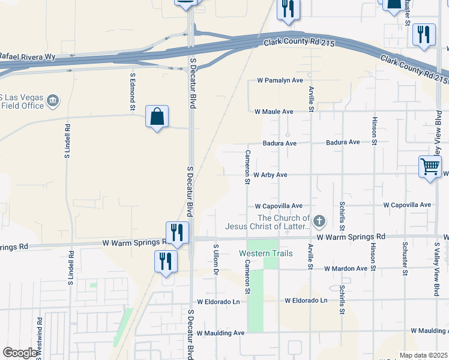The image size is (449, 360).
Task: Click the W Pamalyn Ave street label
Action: pyautogui.click(x=280, y=80)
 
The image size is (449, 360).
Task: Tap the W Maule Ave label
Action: pyautogui.click(x=274, y=112)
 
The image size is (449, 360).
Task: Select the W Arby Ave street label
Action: pyautogui.click(x=270, y=175)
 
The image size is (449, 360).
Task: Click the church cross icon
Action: pyautogui.click(x=319, y=222)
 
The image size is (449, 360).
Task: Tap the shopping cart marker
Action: pyautogui.click(x=430, y=167)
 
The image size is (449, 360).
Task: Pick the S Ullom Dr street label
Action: pyautogui.click(x=215, y=260)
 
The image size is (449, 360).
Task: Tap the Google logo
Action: pyautogui.click(x=20, y=353)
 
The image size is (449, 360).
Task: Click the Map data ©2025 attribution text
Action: pyautogui.click(x=423, y=355)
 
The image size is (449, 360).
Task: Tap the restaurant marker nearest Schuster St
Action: pyautogui.click(x=424, y=34)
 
